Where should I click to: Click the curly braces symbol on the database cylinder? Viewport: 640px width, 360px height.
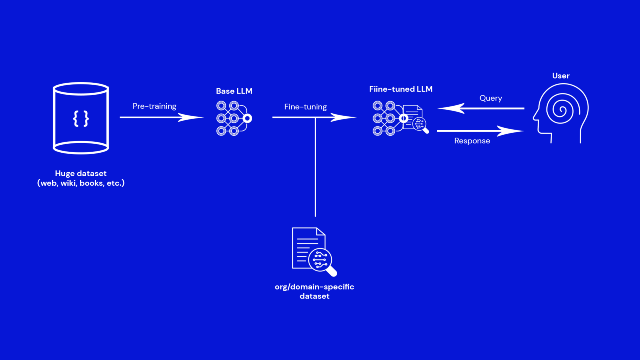81,118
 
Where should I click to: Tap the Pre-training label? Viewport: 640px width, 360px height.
154,106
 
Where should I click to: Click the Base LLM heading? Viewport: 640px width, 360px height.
234,91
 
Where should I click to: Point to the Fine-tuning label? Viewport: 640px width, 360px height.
305,107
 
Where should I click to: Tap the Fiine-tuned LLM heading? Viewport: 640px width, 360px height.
401,90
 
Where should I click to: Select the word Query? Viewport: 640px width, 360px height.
490,98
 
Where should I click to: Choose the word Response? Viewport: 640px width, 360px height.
472,141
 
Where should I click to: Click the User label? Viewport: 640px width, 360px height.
560,76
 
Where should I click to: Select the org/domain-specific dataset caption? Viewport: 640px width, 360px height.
314,291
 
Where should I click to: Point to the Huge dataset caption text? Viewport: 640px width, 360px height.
81,178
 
